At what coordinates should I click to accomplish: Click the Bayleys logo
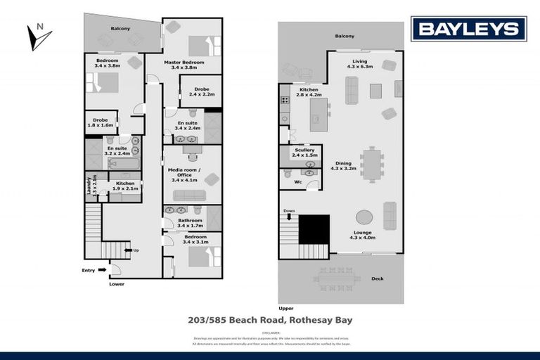(x=469, y=28)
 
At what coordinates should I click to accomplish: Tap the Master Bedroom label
(x=184, y=63)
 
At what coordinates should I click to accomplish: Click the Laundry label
(x=89, y=186)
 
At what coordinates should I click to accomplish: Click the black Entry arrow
(x=103, y=269)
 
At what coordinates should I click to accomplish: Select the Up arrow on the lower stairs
(x=127, y=250)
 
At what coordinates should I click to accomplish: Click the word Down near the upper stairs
(x=288, y=211)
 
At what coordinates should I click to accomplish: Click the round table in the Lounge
(x=364, y=217)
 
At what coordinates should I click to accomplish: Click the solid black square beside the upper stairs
(x=314, y=229)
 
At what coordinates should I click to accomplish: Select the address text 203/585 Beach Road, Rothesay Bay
(x=270, y=320)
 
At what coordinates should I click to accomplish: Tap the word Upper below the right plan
(x=285, y=308)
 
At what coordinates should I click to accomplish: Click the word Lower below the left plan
(x=116, y=284)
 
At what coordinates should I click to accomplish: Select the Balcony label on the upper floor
(x=345, y=37)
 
